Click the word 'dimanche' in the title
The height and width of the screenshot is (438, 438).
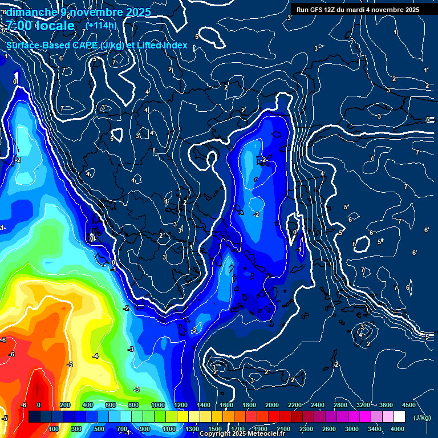31,12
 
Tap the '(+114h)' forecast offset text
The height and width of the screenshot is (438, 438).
101,25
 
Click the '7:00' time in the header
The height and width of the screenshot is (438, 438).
19,26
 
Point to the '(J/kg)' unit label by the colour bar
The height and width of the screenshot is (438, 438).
422,418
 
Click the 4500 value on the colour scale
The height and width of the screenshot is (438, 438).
408,405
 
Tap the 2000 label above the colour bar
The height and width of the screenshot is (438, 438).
271,405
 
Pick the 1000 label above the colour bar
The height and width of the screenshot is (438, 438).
158,405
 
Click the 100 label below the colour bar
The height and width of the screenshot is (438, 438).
54,429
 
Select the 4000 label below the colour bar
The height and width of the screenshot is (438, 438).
398,429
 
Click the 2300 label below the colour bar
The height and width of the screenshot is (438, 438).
306,429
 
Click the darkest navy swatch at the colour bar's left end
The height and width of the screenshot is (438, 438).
34,417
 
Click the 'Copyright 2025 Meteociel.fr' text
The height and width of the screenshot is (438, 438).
242,434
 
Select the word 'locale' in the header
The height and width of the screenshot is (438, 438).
55,26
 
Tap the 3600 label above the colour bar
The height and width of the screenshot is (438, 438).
386,405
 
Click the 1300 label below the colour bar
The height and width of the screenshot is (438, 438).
192,429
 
